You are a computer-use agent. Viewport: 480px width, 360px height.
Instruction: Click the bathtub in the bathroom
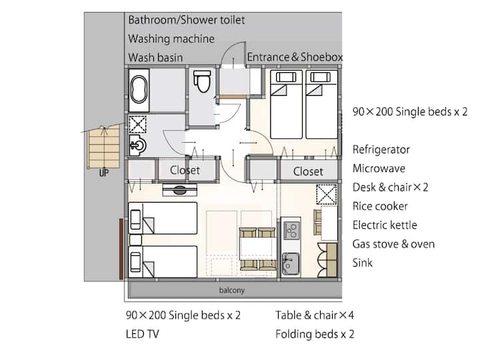(x=139, y=89)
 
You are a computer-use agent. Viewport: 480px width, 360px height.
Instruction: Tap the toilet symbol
(x=203, y=81)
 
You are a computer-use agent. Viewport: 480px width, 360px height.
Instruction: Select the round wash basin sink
(x=138, y=145)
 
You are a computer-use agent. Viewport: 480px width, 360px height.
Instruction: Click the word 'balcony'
(x=232, y=290)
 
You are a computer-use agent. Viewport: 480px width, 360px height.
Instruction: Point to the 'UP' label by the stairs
(x=104, y=173)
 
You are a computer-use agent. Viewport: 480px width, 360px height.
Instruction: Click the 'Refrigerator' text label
(x=381, y=149)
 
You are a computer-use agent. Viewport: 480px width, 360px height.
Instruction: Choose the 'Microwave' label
(x=379, y=168)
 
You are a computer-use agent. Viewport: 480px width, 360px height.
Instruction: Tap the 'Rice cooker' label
(x=380, y=206)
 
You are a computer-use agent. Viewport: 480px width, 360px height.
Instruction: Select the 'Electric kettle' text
(x=385, y=225)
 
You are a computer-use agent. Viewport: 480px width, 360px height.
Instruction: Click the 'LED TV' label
(x=143, y=334)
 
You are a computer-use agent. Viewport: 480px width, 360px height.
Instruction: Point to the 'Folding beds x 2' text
(x=315, y=334)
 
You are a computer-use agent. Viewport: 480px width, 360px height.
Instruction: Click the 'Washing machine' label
(x=171, y=39)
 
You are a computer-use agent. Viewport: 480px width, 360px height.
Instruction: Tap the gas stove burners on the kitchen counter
(x=291, y=231)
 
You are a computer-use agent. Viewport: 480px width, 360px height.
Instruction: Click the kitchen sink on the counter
(x=290, y=263)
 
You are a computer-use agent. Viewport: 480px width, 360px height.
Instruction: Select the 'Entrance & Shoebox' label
(x=295, y=57)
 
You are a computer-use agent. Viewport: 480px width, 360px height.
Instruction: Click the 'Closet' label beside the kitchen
(x=308, y=171)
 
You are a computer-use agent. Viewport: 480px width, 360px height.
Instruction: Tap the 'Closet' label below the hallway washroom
(x=185, y=170)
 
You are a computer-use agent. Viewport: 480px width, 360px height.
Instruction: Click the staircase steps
(x=104, y=147)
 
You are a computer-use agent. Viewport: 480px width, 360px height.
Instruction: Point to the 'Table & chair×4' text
(x=315, y=315)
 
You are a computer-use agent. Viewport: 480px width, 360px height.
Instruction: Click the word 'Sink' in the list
(x=363, y=263)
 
